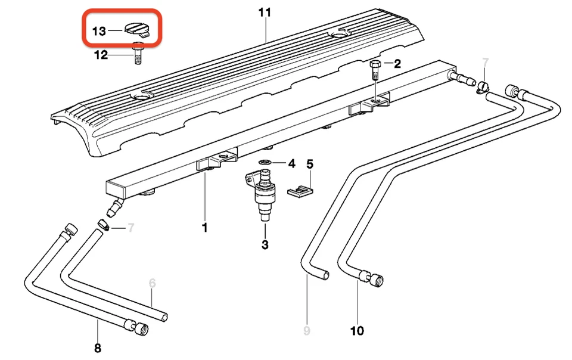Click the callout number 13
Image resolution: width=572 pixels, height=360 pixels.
tap(99, 30)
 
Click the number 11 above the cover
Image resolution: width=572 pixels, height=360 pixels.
tap(264, 12)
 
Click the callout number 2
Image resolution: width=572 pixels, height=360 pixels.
tap(397, 63)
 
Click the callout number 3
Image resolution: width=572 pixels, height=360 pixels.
tap(265, 244)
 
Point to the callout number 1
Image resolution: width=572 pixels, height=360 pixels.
tap(204, 228)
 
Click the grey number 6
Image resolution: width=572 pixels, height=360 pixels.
tap(152, 284)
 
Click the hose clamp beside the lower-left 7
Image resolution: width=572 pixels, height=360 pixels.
tap(102, 225)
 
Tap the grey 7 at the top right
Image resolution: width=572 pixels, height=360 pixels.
tap(484, 63)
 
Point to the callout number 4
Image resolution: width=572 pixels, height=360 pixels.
tap(291, 163)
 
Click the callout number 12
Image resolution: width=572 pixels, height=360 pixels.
tap(101, 55)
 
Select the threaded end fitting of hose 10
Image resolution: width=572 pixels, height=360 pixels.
tap(376, 278)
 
